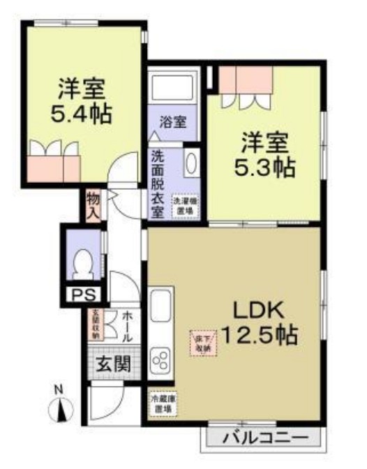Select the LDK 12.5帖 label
(x=260, y=322)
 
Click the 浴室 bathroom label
(x=173, y=122)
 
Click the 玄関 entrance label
(x=112, y=364)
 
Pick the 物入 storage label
(x=93, y=205)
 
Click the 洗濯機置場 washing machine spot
(x=184, y=204)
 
